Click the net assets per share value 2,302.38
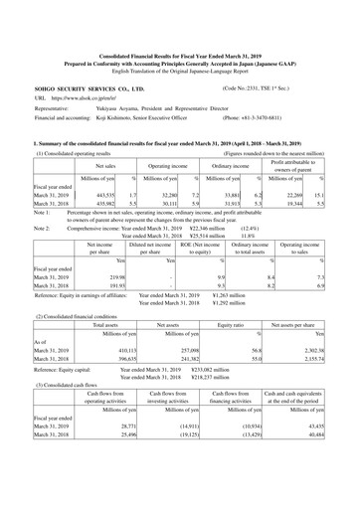tap(327, 378)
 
